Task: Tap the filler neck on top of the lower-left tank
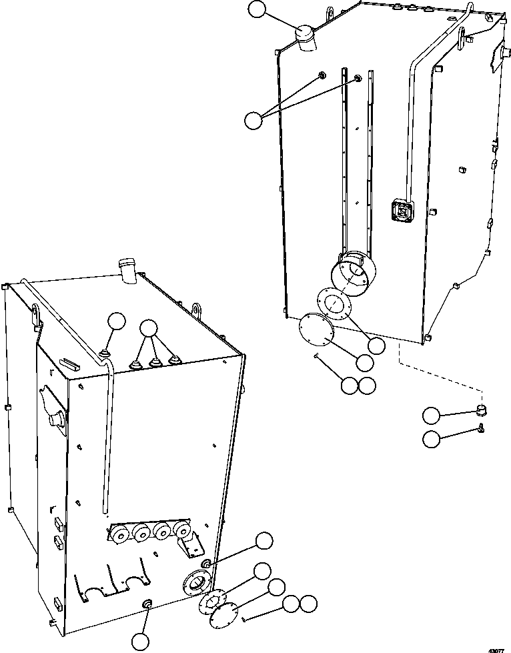tap(127, 269)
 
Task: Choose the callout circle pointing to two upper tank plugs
tap(253, 120)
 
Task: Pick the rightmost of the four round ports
tap(180, 530)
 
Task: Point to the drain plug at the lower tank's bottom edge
tap(147, 604)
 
